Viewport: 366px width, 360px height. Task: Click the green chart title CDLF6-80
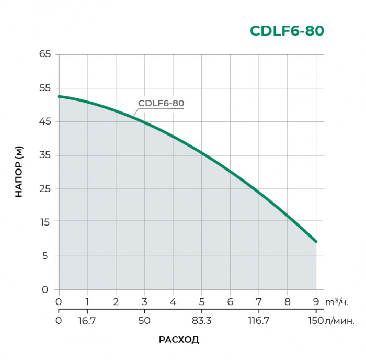click(x=287, y=31)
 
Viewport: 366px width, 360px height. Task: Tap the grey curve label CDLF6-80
click(x=161, y=103)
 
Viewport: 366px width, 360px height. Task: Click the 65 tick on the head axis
click(x=45, y=54)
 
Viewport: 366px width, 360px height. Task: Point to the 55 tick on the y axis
click(x=45, y=88)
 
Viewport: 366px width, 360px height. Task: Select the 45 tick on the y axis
click(x=45, y=121)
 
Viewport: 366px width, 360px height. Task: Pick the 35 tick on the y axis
click(x=45, y=155)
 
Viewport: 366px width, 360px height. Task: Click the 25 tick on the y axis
click(x=45, y=188)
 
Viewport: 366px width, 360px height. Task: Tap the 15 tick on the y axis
click(x=45, y=222)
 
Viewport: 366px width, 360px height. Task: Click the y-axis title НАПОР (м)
click(x=19, y=172)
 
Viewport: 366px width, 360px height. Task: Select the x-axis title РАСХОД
click(x=179, y=340)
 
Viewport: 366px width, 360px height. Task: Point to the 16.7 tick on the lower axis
click(x=88, y=320)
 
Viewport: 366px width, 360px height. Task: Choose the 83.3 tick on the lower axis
click(x=202, y=320)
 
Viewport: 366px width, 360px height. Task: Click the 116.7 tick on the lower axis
click(x=258, y=320)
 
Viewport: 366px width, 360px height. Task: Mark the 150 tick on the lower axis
click(x=315, y=320)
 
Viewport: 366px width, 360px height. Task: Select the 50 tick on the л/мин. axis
click(x=144, y=320)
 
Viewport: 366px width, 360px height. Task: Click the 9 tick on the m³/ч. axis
click(x=316, y=302)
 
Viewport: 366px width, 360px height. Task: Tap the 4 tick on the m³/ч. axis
click(x=173, y=302)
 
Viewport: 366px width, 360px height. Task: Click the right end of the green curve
click(x=316, y=241)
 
